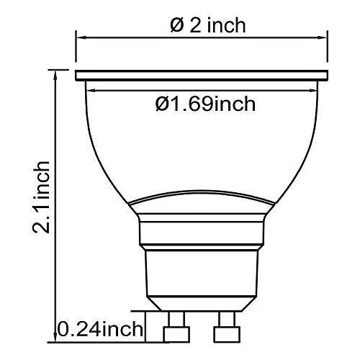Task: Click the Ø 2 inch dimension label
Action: pyautogui.click(x=208, y=25)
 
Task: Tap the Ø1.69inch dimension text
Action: pyautogui.click(x=205, y=104)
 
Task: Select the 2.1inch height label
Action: pyautogui.click(x=41, y=197)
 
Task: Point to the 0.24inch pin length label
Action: pyautogui.click(x=100, y=329)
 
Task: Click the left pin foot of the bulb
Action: pyautogui.click(x=176, y=334)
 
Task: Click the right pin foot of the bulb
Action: pyautogui.click(x=227, y=334)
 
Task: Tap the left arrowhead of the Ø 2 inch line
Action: pyautogui.click(x=81, y=37)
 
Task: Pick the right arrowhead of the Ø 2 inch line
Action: pyautogui.click(x=323, y=37)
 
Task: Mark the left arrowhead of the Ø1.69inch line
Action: pyautogui.click(x=91, y=91)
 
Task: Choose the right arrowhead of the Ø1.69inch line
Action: pyautogui.click(x=312, y=91)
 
